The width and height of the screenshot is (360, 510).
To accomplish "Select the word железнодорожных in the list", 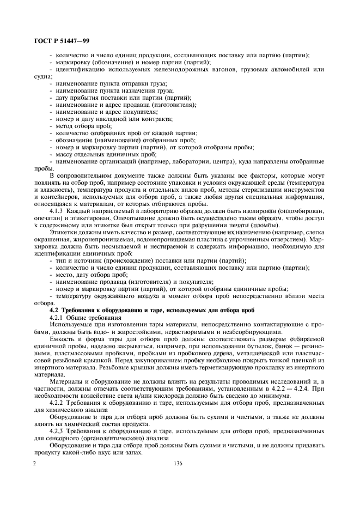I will (x=170, y=69).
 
